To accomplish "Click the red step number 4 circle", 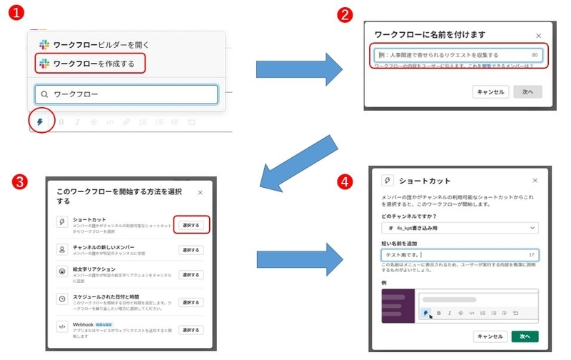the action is [345, 183].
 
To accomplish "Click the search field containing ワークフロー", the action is [126, 94].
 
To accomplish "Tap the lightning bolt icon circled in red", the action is [40, 122].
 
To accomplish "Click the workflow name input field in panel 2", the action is [457, 55].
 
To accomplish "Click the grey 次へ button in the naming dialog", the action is [527, 92].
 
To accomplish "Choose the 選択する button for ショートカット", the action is [191, 225].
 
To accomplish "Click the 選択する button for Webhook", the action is [191, 329].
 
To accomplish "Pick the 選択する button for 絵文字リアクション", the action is [191, 275].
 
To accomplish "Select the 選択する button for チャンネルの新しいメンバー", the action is [191, 250].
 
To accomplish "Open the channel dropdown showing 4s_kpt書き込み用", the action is [459, 227].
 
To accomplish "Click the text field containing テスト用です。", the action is [459, 255].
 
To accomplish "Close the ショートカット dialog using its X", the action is [535, 181].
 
